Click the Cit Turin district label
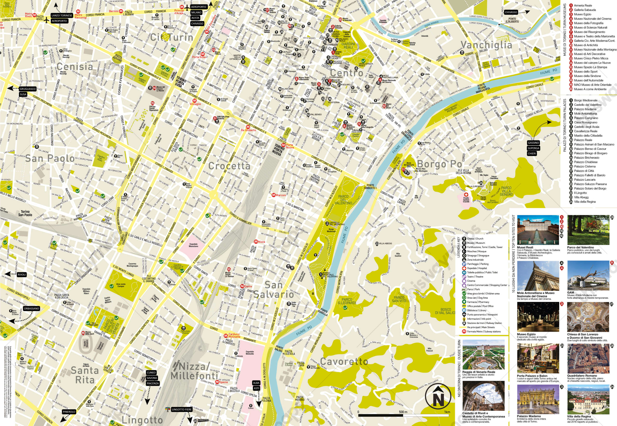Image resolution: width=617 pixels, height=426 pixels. tap(172, 37)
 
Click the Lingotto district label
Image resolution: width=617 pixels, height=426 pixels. tap(142, 420)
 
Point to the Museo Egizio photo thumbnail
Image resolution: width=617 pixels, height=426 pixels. tap(538, 317)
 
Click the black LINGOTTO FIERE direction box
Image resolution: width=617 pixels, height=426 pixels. tap(181, 409)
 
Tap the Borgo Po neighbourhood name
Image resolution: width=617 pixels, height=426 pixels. tap(439, 164)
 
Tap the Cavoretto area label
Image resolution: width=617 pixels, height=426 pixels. tap(344, 361)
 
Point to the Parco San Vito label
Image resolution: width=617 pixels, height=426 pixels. tap(399, 299)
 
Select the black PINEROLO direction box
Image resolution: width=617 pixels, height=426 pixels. tap(69, 412)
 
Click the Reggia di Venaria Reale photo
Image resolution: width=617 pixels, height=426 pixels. tap(483, 355)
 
